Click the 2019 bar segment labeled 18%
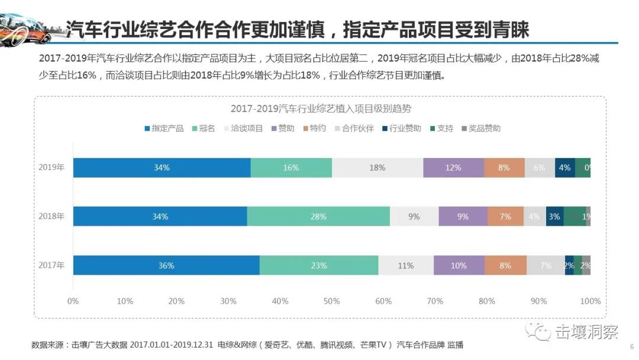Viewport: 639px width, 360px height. (377, 168)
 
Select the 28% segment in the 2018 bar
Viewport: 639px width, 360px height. (318, 217)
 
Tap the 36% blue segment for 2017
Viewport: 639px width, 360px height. (166, 265)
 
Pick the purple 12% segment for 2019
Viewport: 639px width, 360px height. (453, 168)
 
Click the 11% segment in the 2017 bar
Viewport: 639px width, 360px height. (406, 265)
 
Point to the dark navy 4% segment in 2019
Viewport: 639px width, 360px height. (565, 168)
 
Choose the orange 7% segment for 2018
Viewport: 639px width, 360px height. (505, 217)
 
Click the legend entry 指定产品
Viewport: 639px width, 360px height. (164, 128)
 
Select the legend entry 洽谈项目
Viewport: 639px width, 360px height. (243, 128)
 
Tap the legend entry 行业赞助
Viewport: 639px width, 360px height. (402, 128)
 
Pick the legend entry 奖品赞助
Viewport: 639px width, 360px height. (481, 128)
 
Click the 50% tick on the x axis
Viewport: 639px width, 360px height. (332, 301)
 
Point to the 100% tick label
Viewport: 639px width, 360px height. (590, 301)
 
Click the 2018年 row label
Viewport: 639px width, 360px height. (51, 217)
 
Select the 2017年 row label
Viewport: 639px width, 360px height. (51, 265)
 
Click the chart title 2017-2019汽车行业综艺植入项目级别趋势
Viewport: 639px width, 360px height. (321, 109)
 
